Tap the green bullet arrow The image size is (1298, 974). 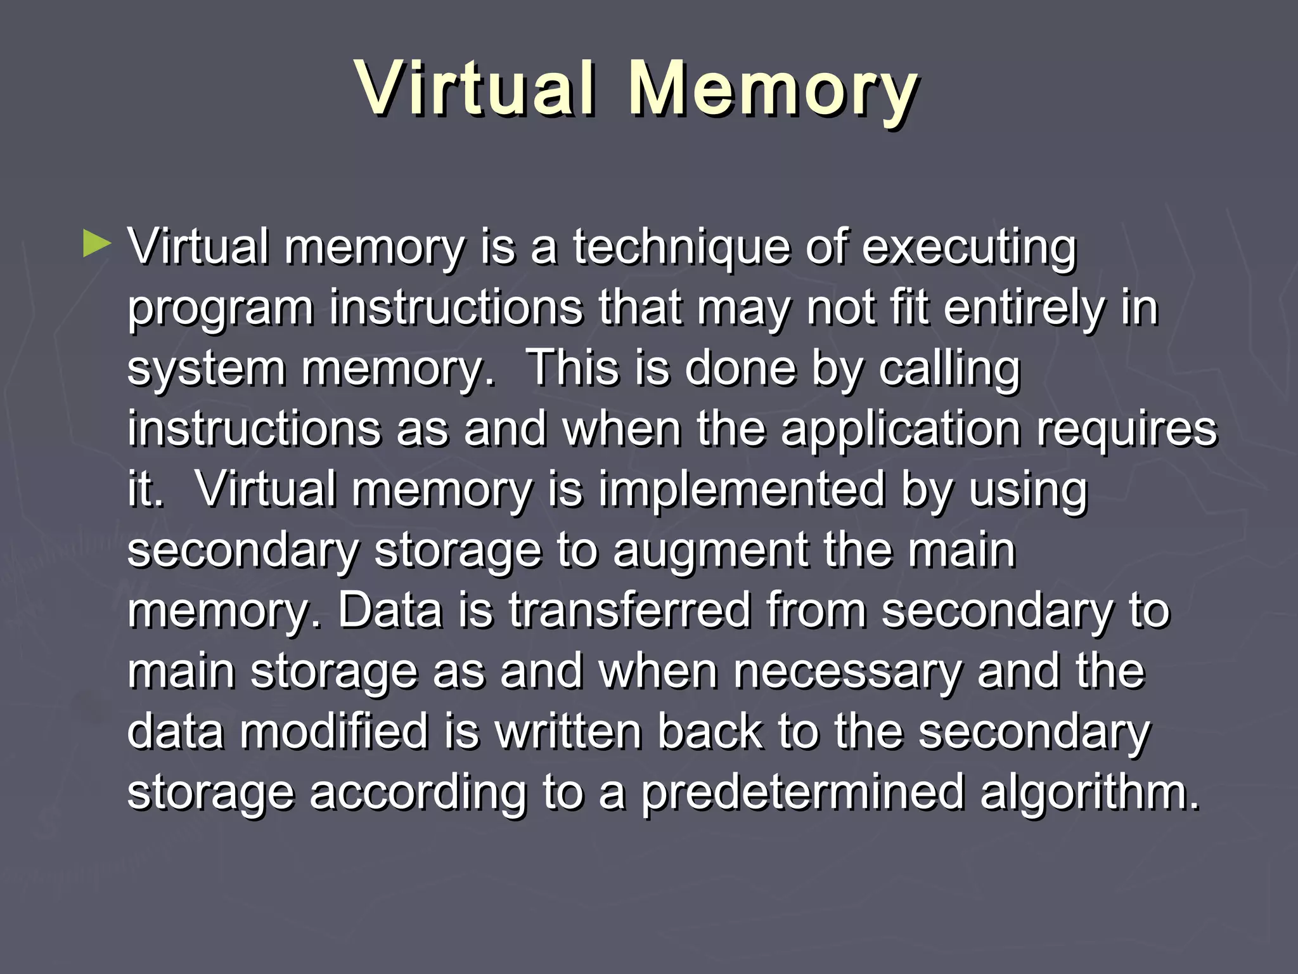pos(96,244)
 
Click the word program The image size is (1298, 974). pos(221,309)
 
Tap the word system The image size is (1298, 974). pos(206,370)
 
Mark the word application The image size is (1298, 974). pos(900,430)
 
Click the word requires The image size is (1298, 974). pos(1127,430)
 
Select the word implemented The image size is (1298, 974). pos(742,490)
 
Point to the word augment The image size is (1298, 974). pos(710,550)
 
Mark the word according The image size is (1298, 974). pos(418,792)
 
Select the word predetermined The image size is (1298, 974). pos(802,792)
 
